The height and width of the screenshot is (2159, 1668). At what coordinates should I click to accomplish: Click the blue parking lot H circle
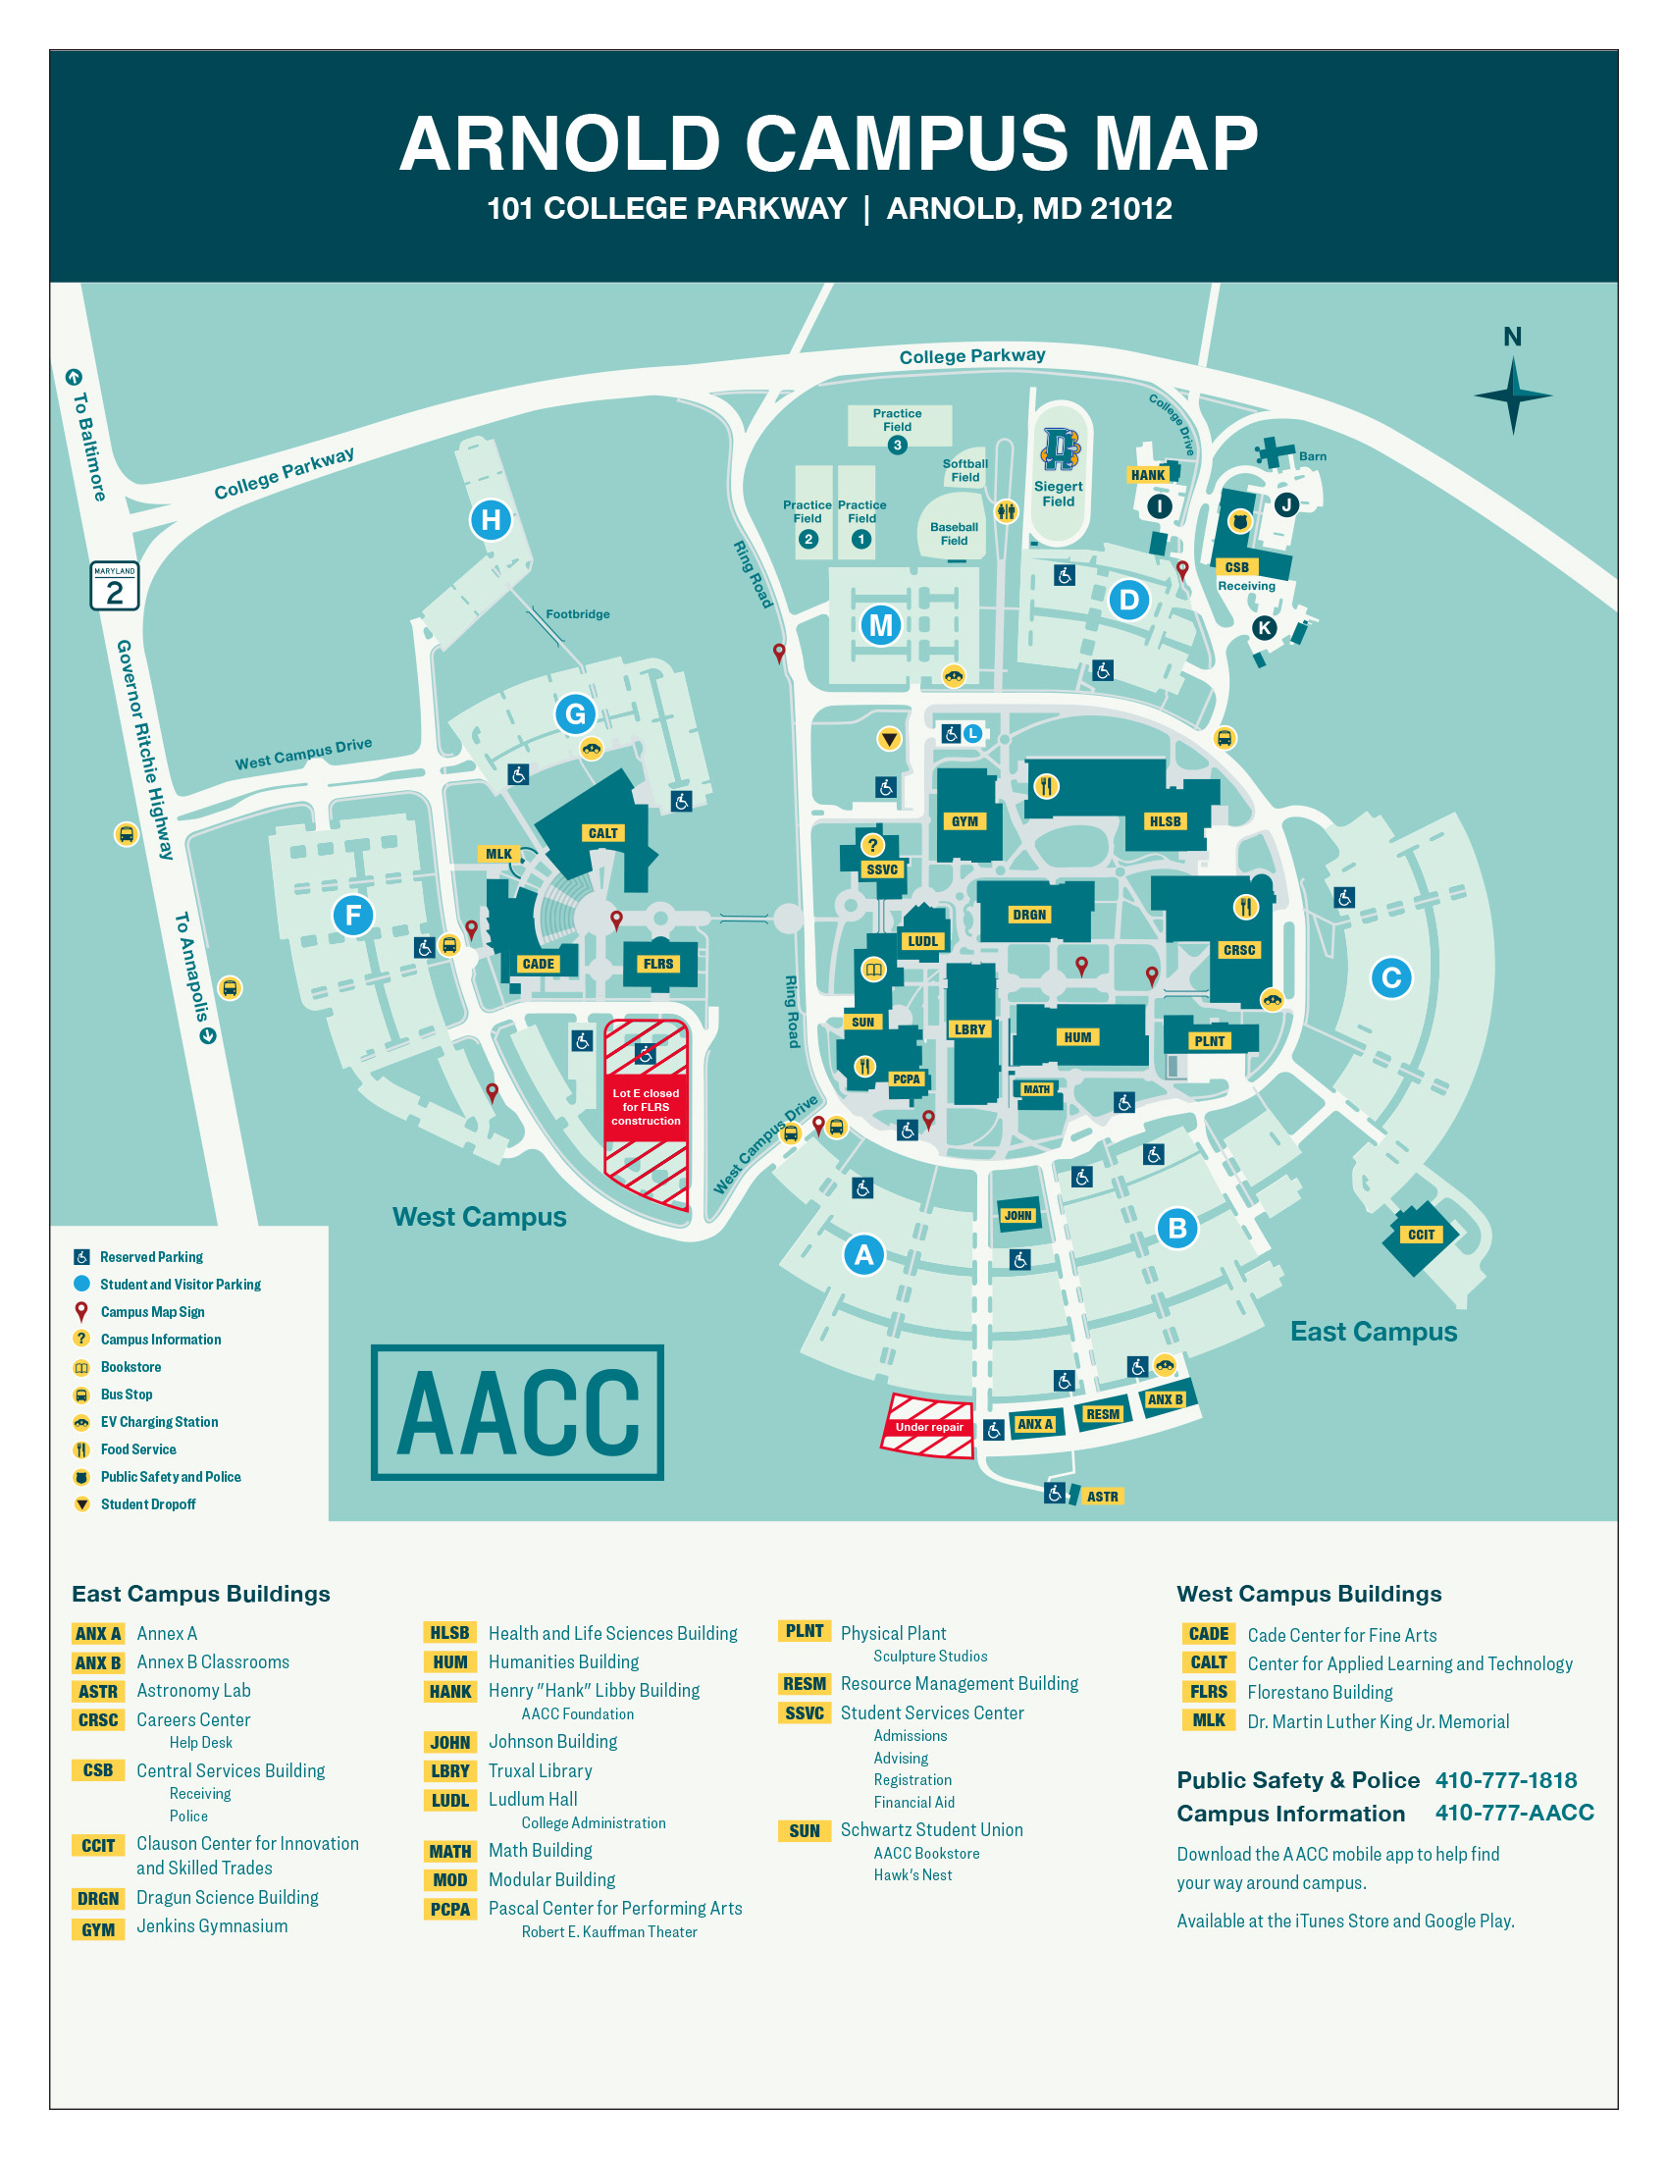(492, 519)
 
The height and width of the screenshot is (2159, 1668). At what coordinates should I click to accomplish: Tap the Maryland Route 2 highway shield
(115, 586)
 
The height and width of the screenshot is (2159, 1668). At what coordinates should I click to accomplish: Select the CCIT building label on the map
(1421, 1235)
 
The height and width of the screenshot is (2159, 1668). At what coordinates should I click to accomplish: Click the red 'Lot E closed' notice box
(646, 1107)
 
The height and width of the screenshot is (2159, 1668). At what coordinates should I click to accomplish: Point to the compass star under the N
(1512, 395)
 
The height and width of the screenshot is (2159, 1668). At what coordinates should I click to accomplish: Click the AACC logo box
(517, 1411)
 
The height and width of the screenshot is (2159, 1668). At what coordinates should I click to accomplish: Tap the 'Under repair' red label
(928, 1427)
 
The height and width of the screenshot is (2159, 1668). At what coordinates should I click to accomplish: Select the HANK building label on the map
(1147, 475)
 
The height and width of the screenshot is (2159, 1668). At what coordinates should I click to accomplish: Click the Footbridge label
(577, 614)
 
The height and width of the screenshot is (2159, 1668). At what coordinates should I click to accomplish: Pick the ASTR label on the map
(1102, 1497)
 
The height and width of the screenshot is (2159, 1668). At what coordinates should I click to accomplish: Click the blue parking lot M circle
(880, 625)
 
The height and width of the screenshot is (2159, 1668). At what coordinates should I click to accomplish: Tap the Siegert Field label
(1059, 494)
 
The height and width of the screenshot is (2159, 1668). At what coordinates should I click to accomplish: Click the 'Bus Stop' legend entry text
(127, 1394)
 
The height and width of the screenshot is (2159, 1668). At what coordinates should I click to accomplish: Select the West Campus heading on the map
(479, 1217)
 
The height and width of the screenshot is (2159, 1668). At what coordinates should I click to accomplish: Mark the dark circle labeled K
(1264, 628)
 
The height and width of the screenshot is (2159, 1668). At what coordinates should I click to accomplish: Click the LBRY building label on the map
(969, 1029)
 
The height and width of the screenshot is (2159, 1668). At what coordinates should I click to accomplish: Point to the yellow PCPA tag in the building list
(449, 1909)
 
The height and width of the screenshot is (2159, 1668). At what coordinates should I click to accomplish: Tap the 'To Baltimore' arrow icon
(75, 377)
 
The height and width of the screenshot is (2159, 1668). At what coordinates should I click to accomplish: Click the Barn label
(1312, 456)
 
